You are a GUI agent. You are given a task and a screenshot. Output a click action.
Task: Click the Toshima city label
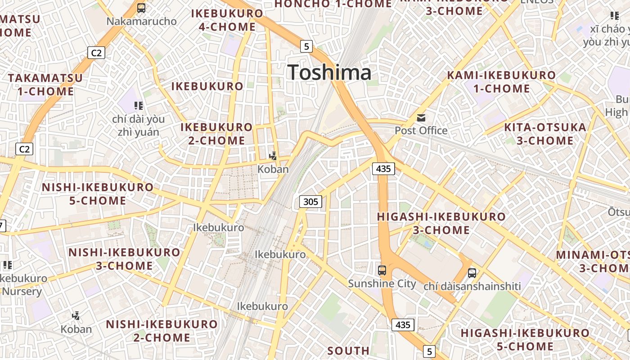tap(329, 72)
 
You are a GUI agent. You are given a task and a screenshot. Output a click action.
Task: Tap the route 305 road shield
tap(310, 202)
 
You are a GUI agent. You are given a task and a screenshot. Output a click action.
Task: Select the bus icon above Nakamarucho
tap(141, 8)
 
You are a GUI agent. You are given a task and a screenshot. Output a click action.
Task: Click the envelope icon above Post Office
tap(421, 118)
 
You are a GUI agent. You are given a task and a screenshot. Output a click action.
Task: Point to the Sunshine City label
tap(382, 283)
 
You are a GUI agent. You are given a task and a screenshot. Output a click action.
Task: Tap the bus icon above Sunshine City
tap(382, 270)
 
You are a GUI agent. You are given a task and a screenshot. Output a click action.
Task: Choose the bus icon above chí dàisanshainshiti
tap(472, 273)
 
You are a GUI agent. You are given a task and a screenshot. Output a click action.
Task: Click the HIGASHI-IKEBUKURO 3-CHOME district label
tap(441, 223)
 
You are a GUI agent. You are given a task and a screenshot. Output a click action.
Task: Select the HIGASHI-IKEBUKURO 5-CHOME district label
tap(525, 340)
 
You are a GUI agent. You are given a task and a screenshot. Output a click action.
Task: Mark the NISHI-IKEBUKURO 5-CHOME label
tap(98, 194)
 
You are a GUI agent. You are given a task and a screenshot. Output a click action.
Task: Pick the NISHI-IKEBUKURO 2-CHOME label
tap(162, 331)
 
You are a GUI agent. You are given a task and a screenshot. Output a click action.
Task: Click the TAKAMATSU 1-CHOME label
tap(45, 85)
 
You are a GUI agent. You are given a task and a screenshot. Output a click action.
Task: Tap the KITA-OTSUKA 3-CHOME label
tap(545, 134)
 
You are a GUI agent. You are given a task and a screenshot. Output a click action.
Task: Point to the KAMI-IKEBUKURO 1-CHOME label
tap(501, 82)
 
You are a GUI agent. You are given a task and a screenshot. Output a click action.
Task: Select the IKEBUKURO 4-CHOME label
tap(227, 20)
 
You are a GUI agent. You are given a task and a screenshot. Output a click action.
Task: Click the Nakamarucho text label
tap(141, 21)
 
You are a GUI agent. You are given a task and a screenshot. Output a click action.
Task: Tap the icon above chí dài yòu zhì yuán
tap(139, 106)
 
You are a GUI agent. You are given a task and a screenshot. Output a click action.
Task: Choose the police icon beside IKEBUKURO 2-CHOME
tap(273, 156)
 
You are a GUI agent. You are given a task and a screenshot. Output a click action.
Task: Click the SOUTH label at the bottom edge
tap(348, 351)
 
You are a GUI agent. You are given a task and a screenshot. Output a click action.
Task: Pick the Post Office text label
tap(421, 130)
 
